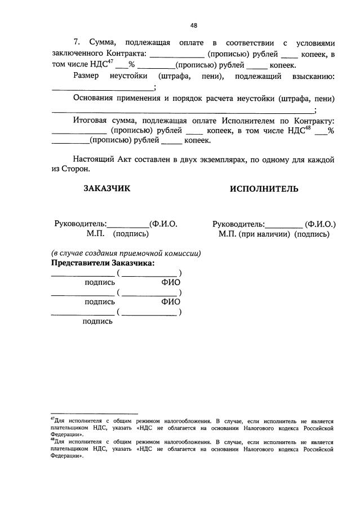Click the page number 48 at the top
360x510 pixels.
(194, 25)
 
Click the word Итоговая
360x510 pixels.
(91, 121)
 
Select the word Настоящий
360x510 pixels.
(94, 159)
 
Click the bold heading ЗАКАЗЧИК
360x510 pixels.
(107, 189)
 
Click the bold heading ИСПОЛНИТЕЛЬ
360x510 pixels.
(264, 189)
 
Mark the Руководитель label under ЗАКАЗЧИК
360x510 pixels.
(81, 224)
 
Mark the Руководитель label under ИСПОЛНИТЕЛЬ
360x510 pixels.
(239, 224)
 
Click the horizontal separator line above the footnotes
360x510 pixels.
(94, 414)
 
